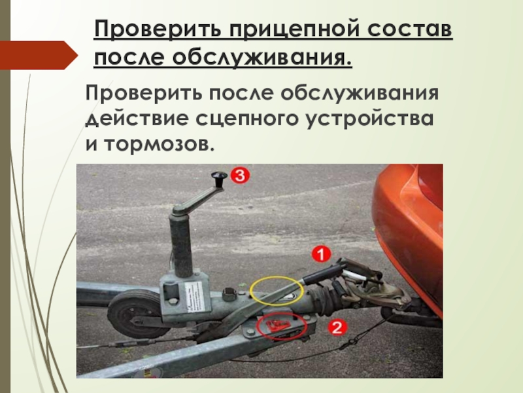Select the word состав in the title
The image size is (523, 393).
[x=411, y=29]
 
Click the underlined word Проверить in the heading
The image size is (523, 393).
[x=158, y=29]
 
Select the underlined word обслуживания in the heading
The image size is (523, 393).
[x=262, y=58]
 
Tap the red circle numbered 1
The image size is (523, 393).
[x=321, y=255]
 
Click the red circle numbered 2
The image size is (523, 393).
[x=337, y=328]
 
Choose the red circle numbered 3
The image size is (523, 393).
[x=240, y=176]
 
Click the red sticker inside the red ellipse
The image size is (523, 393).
[x=275, y=325]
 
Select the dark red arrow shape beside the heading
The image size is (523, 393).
[x=39, y=55]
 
